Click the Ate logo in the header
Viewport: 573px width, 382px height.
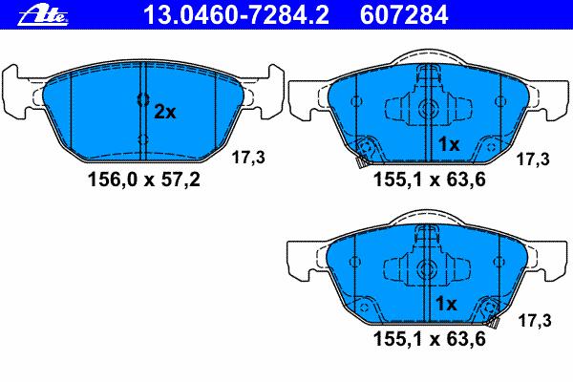pos(43,15)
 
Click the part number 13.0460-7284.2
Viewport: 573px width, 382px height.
pos(236,15)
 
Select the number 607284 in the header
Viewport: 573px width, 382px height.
pos(404,15)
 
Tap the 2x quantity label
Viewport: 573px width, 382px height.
pos(164,112)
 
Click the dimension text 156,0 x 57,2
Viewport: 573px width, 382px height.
pos(144,180)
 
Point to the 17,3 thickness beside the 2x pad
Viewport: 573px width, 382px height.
pos(248,158)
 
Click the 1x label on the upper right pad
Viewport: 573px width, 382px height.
pos(449,145)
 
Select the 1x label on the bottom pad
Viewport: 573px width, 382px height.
pos(446,303)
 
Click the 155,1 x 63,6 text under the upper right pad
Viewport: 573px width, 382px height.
pos(430,180)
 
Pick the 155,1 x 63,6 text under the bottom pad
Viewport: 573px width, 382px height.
pos(430,339)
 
